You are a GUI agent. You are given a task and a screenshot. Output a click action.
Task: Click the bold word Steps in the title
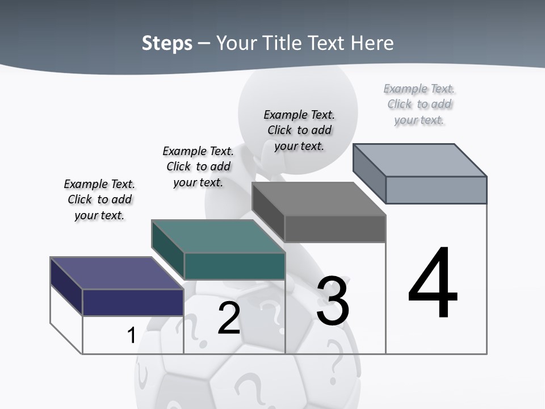pyautogui.click(x=167, y=43)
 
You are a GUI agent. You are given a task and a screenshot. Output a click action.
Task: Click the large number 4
pyautogui.click(x=433, y=283)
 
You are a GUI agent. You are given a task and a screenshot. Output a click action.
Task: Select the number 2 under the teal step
pyautogui.click(x=229, y=318)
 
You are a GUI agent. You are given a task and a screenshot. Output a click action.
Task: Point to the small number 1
pyautogui.click(x=131, y=335)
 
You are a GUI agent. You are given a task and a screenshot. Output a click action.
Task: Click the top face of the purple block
pyautogui.click(x=116, y=273)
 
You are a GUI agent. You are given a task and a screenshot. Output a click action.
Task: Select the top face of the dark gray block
pyautogui.click(x=318, y=199)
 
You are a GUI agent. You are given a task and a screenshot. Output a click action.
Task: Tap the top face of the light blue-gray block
pyautogui.click(x=420, y=160)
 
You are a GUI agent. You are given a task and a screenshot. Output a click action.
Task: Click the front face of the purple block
pyautogui.click(x=133, y=302)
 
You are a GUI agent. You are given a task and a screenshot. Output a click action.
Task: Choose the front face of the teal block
pyautogui.click(x=234, y=266)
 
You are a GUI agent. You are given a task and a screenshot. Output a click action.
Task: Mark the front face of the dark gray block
pyautogui.click(x=335, y=229)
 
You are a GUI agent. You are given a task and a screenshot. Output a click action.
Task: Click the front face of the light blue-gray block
pyautogui.click(x=436, y=190)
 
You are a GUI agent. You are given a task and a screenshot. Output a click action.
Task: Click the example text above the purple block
pyautogui.click(x=99, y=199)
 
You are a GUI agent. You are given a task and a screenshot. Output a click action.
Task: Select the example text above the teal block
pyautogui.click(x=198, y=166)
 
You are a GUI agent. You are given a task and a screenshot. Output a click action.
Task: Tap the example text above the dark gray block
pyautogui.click(x=299, y=130)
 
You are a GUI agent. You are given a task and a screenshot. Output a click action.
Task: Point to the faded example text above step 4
pyautogui.click(x=419, y=104)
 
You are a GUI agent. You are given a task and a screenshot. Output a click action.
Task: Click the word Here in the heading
pyautogui.click(x=373, y=43)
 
